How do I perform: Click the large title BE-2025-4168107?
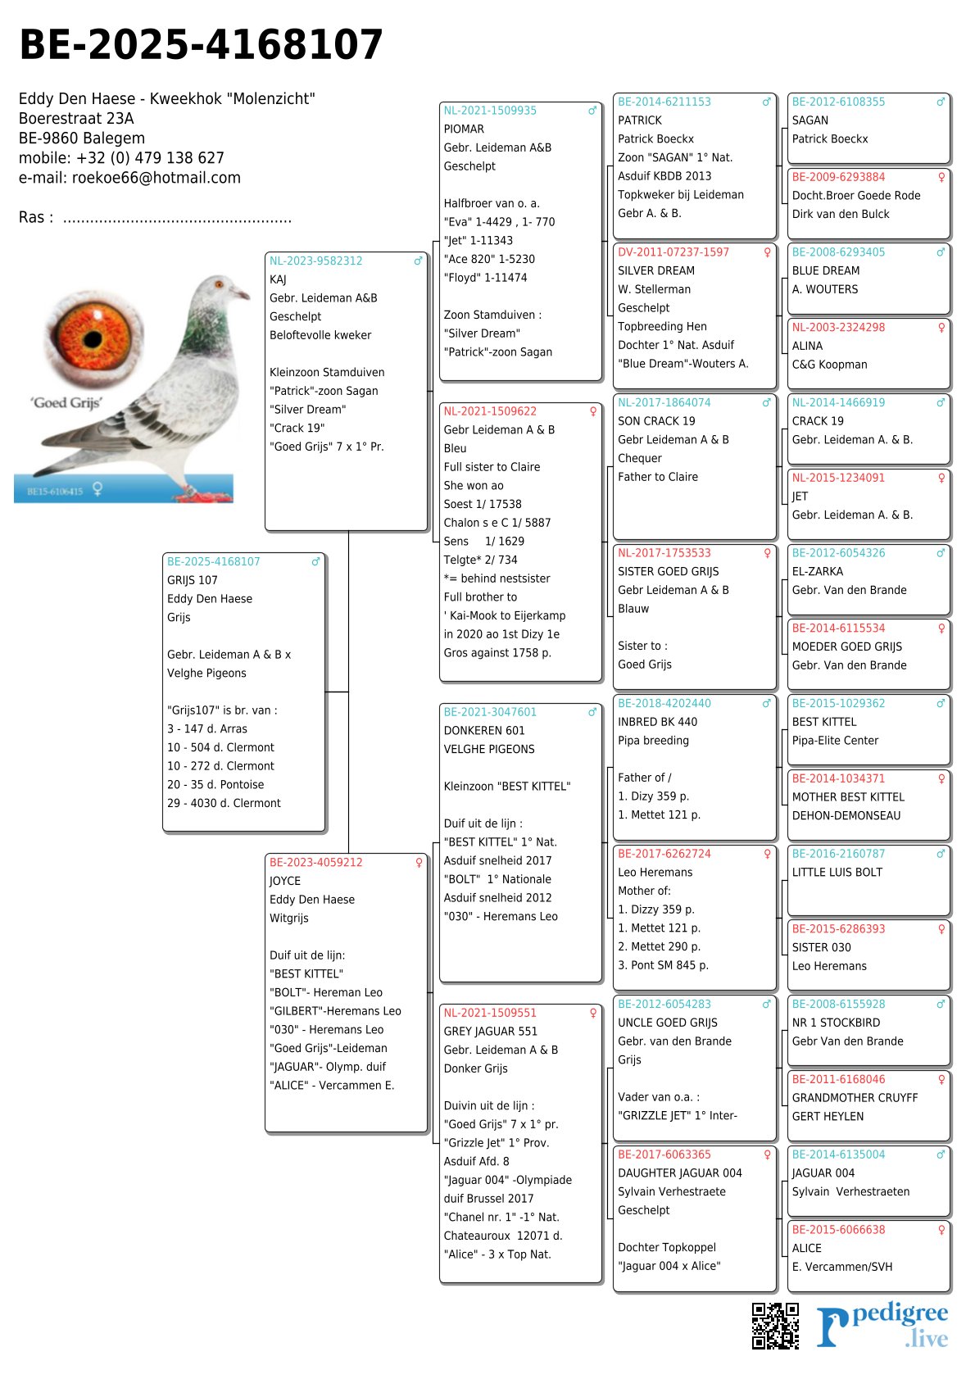pos(201,45)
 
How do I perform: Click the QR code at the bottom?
pos(775,1325)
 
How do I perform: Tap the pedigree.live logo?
pos(882,1325)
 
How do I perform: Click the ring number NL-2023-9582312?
pos(315,261)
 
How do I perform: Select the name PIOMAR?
pos(464,129)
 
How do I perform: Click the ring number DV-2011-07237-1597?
pos(673,252)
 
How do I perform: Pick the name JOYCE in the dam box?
pos(285,881)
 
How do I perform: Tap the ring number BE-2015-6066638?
pos(838,1230)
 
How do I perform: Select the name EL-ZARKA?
pos(817,572)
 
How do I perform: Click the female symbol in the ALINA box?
pos(941,328)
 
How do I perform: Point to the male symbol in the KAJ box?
pos(418,261)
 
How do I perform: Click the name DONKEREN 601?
pos(484,731)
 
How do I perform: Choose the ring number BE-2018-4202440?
pos(664,704)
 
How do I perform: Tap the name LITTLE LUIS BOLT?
pos(837,873)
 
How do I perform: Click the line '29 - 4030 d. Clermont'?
pos(224,804)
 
